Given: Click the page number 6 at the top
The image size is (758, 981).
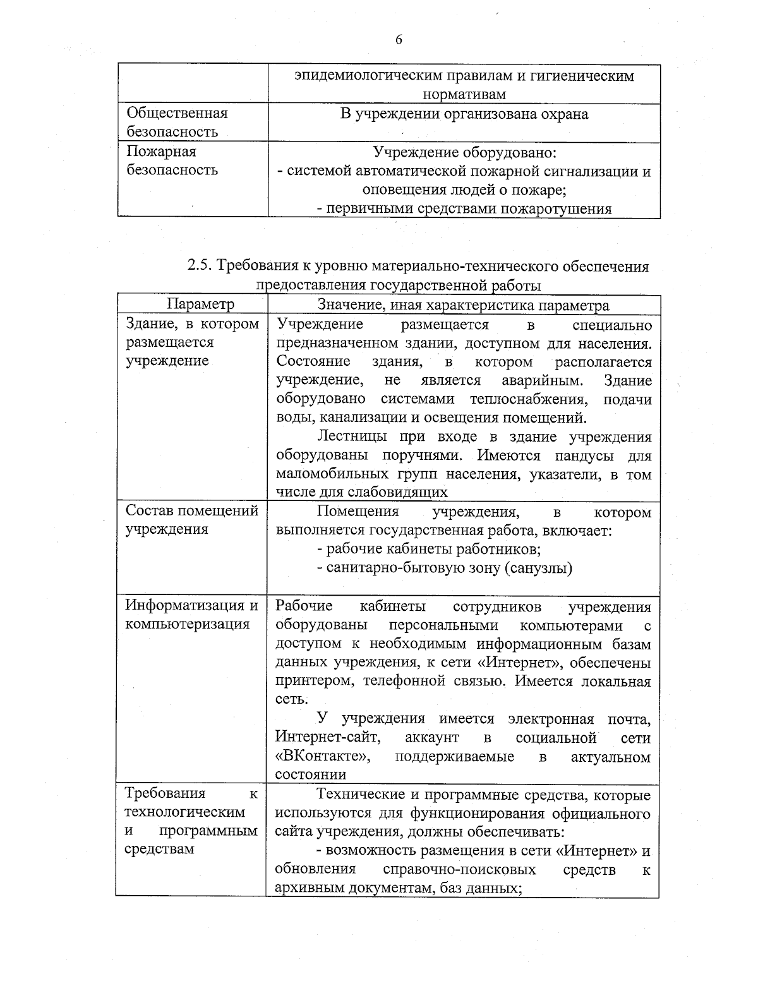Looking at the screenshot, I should coord(399,40).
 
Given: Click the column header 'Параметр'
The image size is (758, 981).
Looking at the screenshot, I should coord(200,304).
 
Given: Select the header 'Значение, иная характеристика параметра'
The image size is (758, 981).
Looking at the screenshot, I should coord(464,306).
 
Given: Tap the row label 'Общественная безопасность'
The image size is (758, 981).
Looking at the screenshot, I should coord(177,123).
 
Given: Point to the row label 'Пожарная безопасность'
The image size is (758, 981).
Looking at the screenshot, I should coord(172,160).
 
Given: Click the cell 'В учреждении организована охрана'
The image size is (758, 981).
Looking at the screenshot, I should coord(464,114).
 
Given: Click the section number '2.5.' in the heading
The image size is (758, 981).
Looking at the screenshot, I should coord(200,266).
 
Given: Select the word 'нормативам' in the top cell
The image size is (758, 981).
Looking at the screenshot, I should coord(464,95).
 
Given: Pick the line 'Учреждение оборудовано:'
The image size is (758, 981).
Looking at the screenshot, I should coord(464,152).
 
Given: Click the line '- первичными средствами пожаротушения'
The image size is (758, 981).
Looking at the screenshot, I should coord(464,209).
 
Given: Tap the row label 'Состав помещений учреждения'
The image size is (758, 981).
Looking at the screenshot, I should coord(191,519).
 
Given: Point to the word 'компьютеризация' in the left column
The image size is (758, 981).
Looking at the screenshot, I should coord(187,624).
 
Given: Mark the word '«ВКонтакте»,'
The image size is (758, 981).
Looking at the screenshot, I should coord(322,756).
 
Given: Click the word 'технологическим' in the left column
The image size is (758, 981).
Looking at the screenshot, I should coord(184,812).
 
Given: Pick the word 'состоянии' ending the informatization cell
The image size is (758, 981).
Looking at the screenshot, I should coord(310,774).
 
